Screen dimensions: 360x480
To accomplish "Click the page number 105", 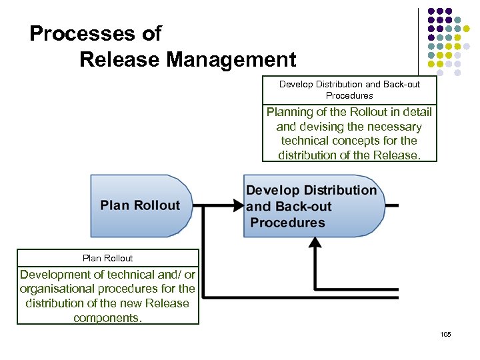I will [x=446, y=333].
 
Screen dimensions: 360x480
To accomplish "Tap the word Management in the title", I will [x=231, y=60].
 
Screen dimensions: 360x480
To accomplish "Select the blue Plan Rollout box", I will [x=140, y=205].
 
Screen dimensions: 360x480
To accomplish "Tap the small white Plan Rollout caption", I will [x=108, y=258].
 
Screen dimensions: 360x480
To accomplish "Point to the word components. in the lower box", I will [x=108, y=317].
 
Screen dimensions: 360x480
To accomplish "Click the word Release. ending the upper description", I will [x=399, y=155].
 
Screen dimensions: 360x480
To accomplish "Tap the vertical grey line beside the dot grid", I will [x=418, y=40].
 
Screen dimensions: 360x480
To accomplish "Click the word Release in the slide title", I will [x=120, y=60].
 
